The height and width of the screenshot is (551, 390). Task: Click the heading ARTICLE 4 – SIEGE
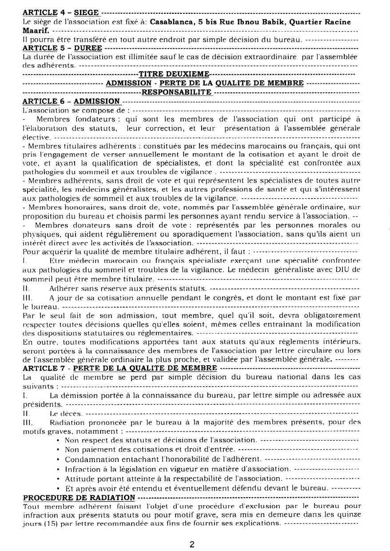point(60,13)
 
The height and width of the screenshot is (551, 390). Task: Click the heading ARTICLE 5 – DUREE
point(62,48)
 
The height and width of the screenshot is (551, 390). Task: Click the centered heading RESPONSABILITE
point(176,92)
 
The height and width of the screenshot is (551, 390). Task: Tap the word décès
point(62,413)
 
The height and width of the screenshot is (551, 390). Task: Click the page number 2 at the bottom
point(192,545)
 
